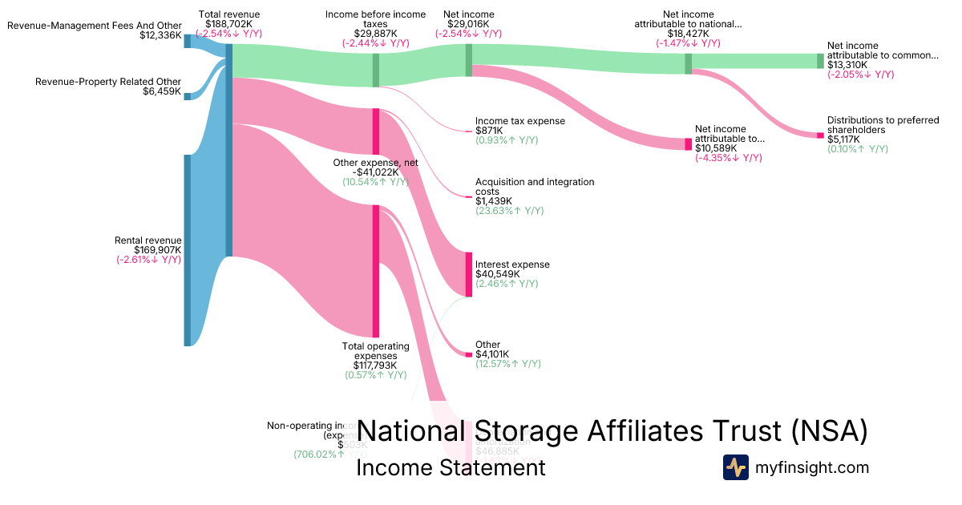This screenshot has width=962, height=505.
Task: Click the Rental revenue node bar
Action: tap(188, 250)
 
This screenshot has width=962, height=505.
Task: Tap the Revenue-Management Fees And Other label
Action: tap(95, 26)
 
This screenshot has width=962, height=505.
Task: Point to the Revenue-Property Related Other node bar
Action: tap(188, 96)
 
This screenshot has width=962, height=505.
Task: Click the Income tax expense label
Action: tap(519, 121)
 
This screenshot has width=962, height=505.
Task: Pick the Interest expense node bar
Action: tap(469, 274)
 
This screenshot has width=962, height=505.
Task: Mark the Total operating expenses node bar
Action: tap(375, 271)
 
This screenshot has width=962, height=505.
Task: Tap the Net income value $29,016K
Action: tap(468, 24)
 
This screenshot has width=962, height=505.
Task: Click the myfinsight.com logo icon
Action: tap(735, 467)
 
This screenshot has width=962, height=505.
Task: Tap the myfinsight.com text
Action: tap(812, 467)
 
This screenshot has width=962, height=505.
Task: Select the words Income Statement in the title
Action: tap(450, 467)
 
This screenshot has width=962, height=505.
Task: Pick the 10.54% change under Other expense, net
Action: tap(375, 182)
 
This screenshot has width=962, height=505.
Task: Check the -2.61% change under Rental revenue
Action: tap(148, 259)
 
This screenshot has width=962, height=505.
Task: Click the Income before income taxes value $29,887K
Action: tap(375, 34)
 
